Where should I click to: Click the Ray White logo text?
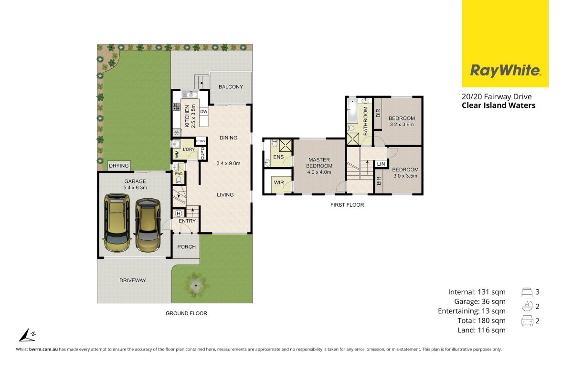pyautogui.click(x=506, y=70)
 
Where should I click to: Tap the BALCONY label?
pyautogui.click(x=231, y=87)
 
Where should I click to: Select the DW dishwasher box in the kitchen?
pyautogui.click(x=203, y=112)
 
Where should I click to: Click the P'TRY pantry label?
pyautogui.click(x=201, y=141)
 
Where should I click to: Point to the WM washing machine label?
pyautogui.click(x=177, y=154)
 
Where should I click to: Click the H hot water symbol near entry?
pyautogui.click(x=179, y=213)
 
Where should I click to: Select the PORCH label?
pyautogui.click(x=187, y=247)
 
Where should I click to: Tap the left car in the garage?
pyautogui.click(x=117, y=223)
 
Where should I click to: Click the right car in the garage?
pyautogui.click(x=148, y=225)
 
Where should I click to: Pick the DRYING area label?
pyautogui.click(x=119, y=166)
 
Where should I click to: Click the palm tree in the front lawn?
pyautogui.click(x=196, y=285)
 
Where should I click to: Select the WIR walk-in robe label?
pyautogui.click(x=279, y=183)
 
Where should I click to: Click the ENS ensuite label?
pyautogui.click(x=278, y=157)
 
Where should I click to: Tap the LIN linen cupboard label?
pyautogui.click(x=381, y=164)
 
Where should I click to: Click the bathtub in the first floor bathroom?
pyautogui.click(x=352, y=110)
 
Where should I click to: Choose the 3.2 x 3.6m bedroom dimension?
pyautogui.click(x=402, y=125)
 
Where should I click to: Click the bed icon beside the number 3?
pyautogui.click(x=527, y=292)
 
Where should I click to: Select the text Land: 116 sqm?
pyautogui.click(x=481, y=330)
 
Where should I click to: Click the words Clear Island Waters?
pyautogui.click(x=499, y=106)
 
